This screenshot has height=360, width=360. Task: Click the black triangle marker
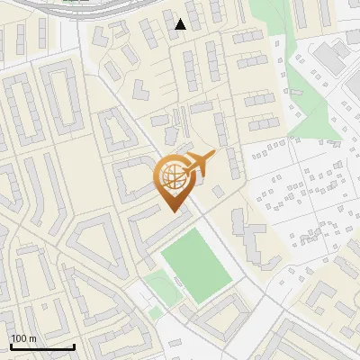181,24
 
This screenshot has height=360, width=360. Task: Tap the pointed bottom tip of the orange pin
173,211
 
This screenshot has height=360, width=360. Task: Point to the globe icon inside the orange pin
173,176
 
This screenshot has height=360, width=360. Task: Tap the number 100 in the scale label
20,338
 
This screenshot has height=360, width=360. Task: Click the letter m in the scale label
33,338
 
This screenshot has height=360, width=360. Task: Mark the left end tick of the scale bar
10,345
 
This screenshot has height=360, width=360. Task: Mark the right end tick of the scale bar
74,345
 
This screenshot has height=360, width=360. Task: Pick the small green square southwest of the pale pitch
155,312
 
